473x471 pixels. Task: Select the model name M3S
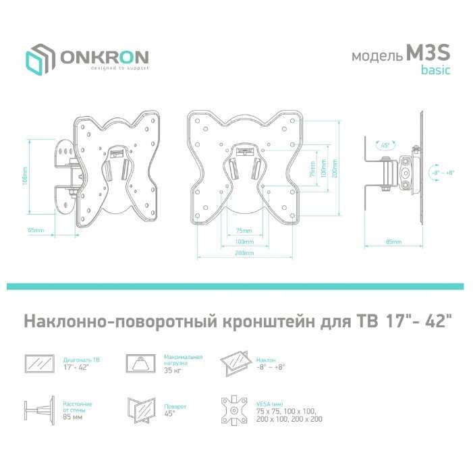tap(426, 56)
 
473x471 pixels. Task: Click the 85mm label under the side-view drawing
tap(393, 241)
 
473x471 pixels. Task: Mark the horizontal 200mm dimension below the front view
tap(245, 252)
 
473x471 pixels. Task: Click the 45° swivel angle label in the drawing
tap(385, 145)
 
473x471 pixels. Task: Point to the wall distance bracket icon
tap(40, 409)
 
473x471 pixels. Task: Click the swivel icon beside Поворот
tap(142, 409)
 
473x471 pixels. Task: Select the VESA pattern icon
tap(236, 410)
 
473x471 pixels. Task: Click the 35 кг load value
tap(173, 370)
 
